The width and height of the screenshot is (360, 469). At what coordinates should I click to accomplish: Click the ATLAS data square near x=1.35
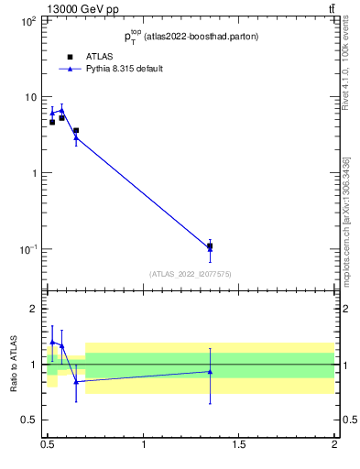(210, 245)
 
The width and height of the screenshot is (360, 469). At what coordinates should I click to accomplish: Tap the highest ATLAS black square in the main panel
(76, 131)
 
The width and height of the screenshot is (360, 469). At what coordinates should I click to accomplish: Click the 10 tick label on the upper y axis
(30, 96)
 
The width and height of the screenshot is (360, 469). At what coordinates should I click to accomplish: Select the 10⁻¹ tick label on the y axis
(27, 249)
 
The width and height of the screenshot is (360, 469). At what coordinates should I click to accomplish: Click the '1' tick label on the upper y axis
(33, 173)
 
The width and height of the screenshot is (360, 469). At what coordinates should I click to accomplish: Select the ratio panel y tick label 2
(35, 309)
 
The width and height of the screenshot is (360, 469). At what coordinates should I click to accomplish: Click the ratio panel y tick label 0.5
(30, 420)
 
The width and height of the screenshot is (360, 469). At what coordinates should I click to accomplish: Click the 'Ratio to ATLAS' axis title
(14, 364)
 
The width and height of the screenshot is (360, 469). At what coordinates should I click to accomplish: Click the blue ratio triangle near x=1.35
(210, 371)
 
